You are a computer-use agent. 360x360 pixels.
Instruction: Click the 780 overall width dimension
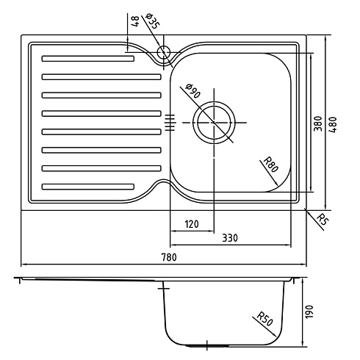[169, 257]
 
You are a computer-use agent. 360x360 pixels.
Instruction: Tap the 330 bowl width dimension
[230, 238]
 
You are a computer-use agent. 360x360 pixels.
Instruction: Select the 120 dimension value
[192, 224]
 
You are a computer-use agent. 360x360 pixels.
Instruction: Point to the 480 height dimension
[333, 125]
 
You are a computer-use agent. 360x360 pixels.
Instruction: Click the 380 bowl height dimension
[317, 123]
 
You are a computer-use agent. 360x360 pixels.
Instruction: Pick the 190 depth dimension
[309, 312]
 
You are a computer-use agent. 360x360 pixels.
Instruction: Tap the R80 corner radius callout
[271, 165]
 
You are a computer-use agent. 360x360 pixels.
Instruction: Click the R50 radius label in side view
[264, 319]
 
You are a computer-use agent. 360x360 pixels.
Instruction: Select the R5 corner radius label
[323, 219]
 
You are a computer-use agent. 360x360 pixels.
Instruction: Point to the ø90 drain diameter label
[193, 91]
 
